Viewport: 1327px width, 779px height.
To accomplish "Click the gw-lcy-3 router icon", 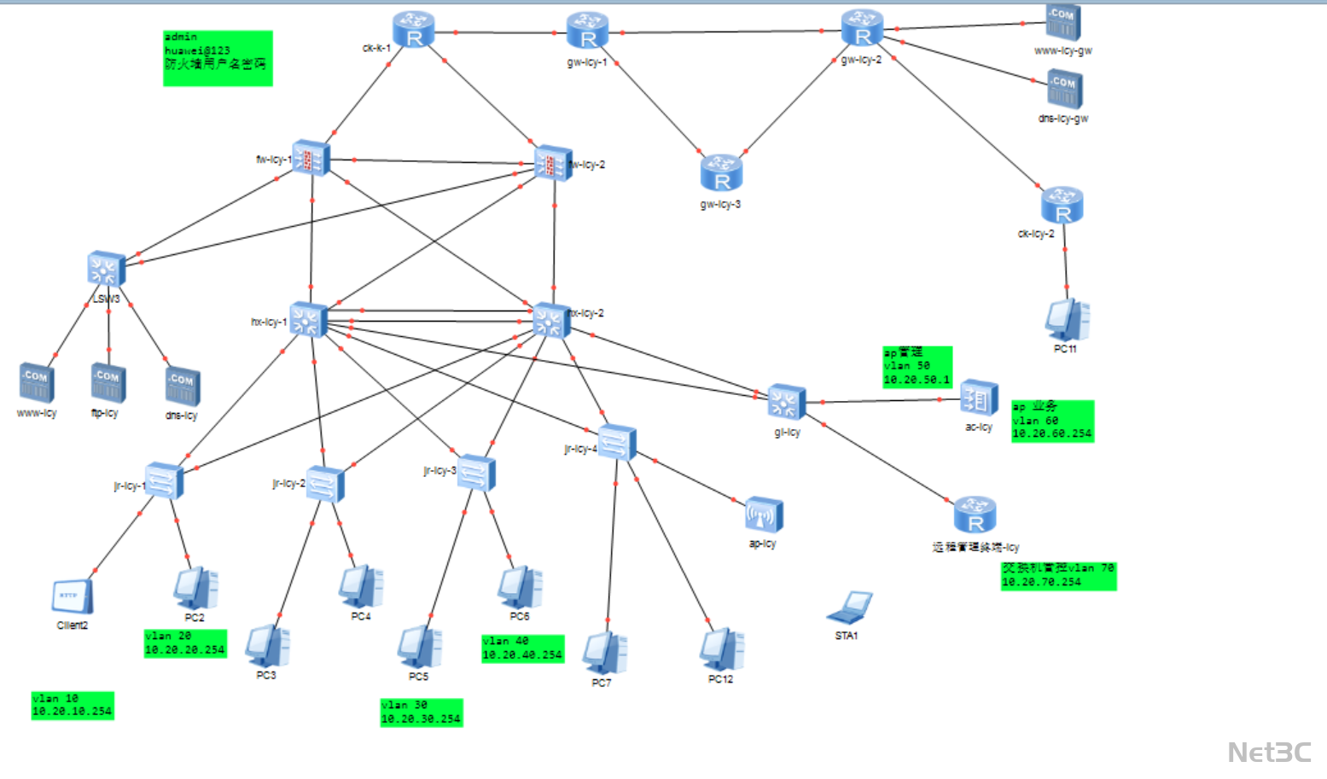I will (x=721, y=173).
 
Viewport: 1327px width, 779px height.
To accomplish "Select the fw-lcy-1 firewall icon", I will (x=311, y=158).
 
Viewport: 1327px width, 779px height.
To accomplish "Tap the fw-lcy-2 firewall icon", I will (x=552, y=162).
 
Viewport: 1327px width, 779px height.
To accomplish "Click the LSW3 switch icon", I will (x=107, y=270).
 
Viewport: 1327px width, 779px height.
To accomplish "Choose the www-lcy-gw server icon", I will (x=1063, y=23).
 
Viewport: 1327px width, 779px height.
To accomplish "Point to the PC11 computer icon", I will (x=1066, y=320).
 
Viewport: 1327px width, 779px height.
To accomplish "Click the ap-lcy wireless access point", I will (x=763, y=515).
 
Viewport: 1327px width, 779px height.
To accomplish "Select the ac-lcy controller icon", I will (x=979, y=398).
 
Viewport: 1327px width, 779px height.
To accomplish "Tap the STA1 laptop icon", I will (x=848, y=608).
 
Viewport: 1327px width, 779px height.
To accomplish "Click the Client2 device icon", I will (x=73, y=596).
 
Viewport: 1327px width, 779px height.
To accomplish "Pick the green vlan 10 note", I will (x=73, y=705).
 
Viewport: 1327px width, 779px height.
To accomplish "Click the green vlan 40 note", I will (x=522, y=648).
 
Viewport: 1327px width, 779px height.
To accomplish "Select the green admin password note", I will (x=218, y=58).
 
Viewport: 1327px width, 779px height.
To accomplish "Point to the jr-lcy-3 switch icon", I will (x=476, y=473).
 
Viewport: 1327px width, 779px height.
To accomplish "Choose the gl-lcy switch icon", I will (x=786, y=403).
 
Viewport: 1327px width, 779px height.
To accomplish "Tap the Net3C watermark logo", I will (x=1269, y=752).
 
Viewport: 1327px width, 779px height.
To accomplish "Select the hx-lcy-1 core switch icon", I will (x=308, y=320).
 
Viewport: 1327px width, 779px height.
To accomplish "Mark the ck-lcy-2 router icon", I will (x=1062, y=206).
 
